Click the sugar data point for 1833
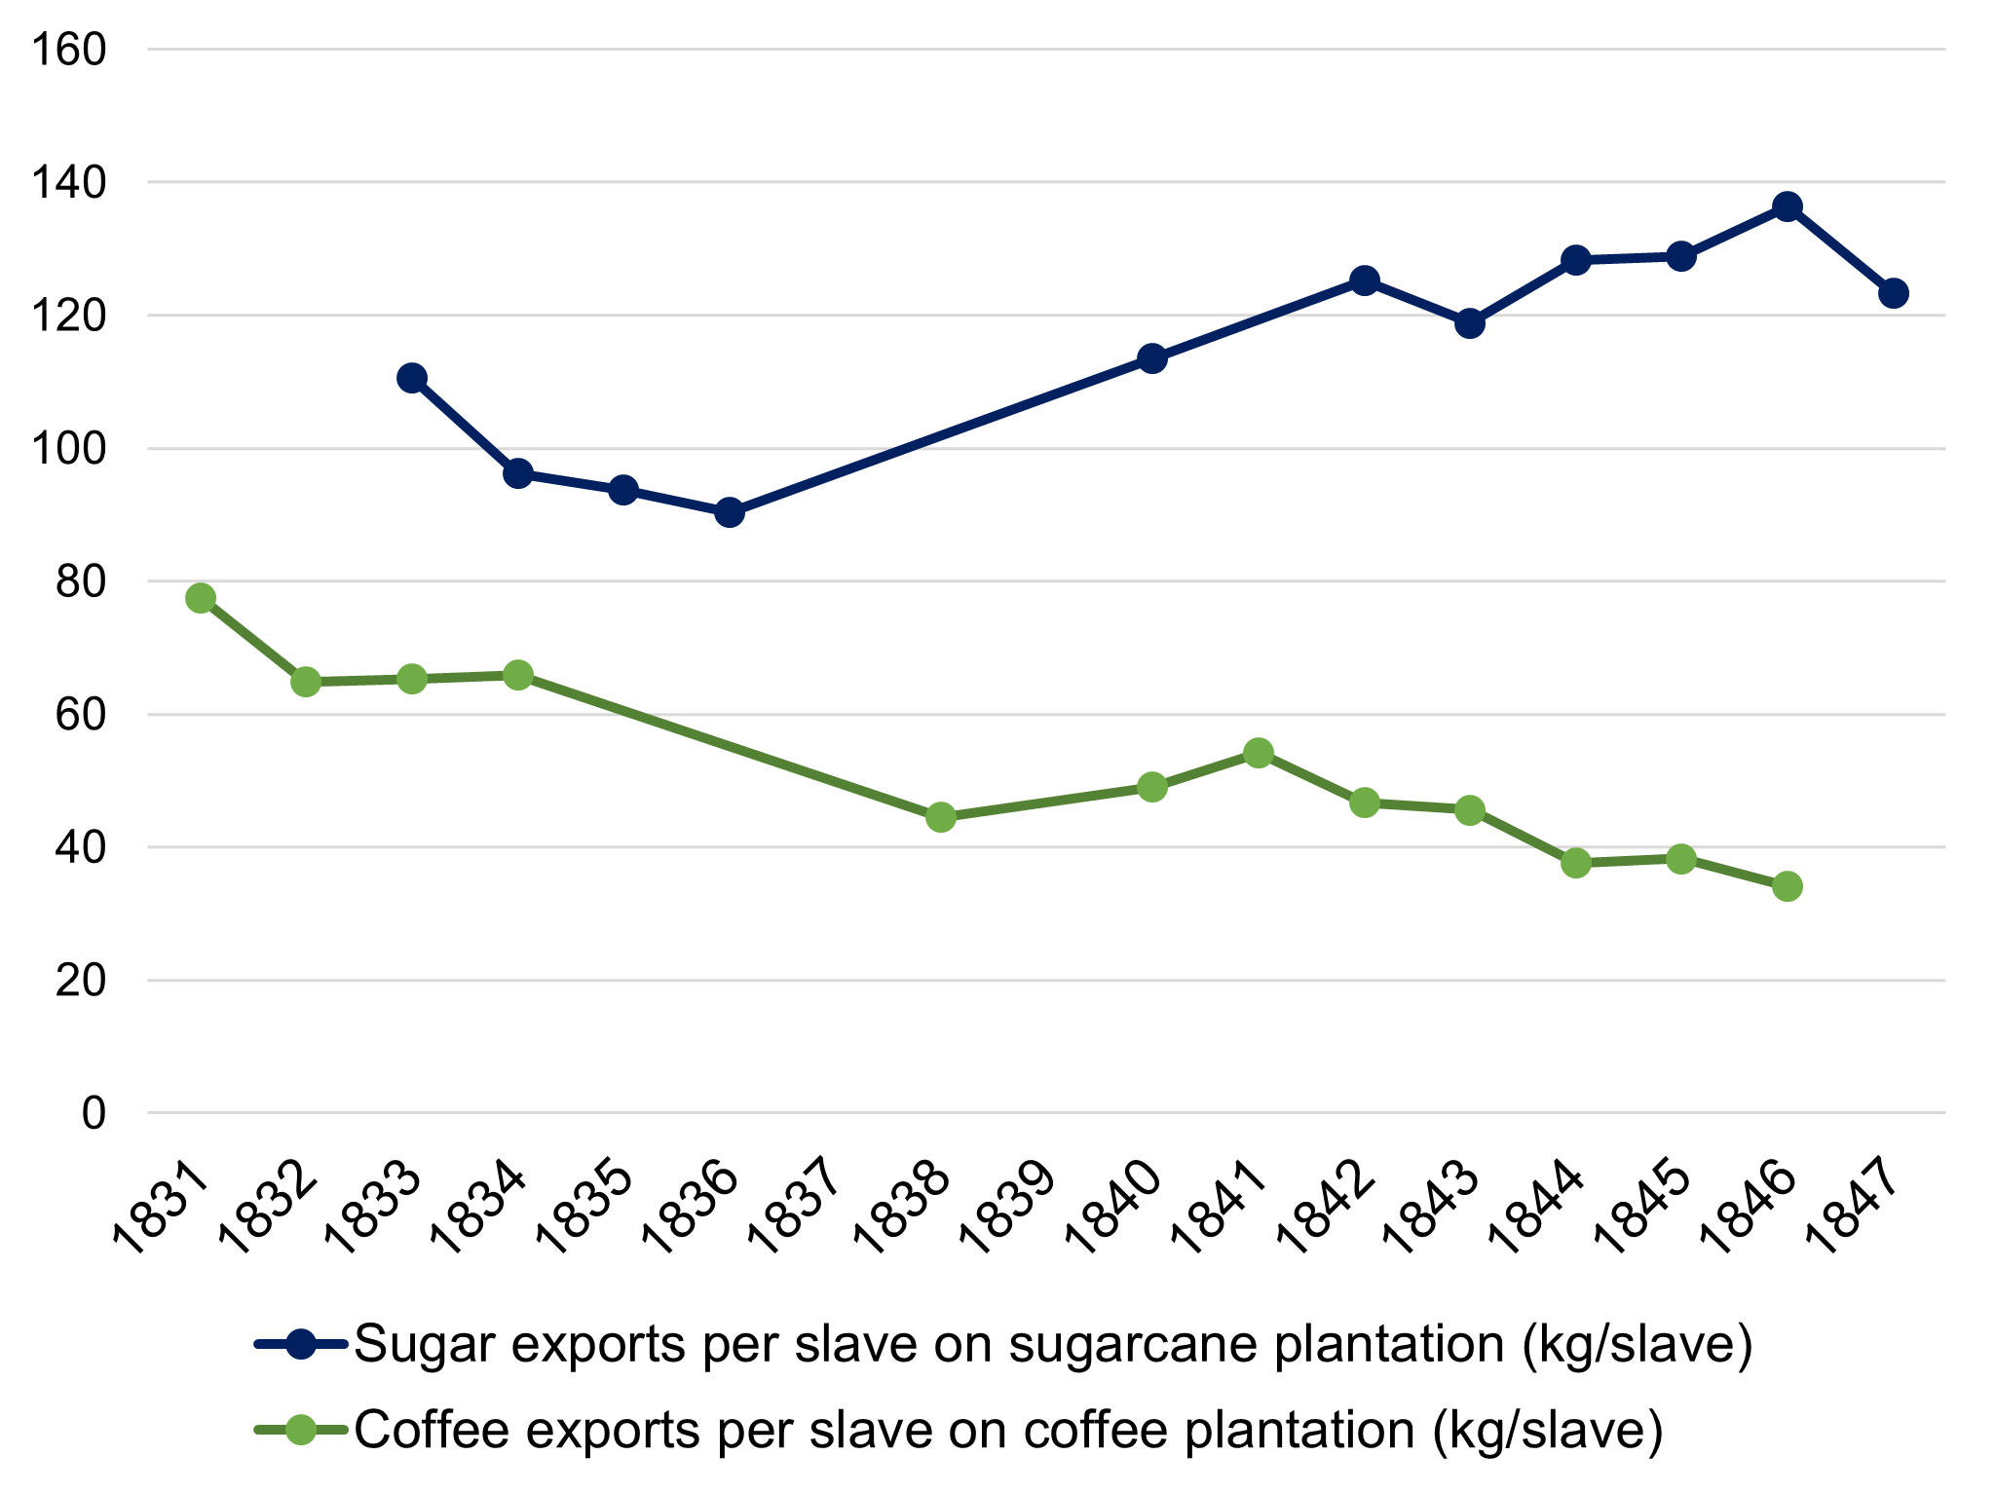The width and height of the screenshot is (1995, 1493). (412, 378)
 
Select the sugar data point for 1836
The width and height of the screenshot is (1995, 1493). (730, 512)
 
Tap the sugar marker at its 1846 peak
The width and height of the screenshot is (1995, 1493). (1787, 206)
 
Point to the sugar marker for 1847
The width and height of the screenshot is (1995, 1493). (1894, 293)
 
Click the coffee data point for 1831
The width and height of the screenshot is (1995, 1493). (201, 598)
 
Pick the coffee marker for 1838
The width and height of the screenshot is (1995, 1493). (941, 817)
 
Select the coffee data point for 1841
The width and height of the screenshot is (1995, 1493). (1259, 753)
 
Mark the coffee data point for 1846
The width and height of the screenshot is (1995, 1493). (1787, 886)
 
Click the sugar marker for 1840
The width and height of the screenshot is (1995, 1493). (1152, 358)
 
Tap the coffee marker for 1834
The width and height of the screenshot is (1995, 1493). (518, 675)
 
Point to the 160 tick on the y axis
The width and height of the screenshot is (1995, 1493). (68, 50)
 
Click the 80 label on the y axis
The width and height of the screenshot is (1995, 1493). (81, 582)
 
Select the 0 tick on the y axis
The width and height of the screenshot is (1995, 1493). (94, 1113)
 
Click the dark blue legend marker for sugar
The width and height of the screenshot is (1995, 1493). (301, 1345)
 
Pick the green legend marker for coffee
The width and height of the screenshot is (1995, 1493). (301, 1430)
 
